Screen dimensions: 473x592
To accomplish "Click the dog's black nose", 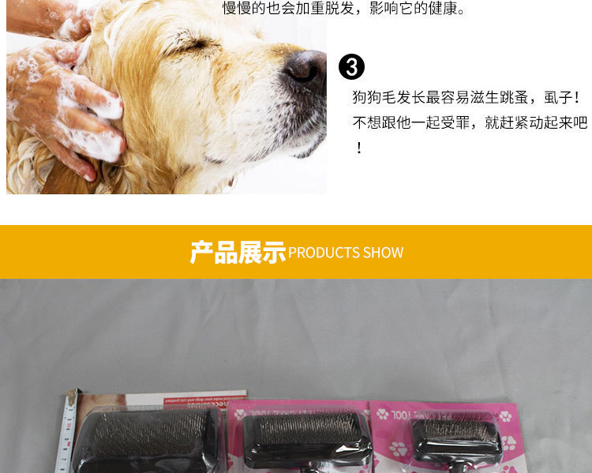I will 305,68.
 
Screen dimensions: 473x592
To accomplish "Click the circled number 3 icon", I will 351,67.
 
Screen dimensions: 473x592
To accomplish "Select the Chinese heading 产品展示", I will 237,252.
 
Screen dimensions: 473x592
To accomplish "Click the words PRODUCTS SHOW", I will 346,253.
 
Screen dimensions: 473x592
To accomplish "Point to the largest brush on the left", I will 146,438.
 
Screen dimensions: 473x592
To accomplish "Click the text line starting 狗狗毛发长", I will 466,98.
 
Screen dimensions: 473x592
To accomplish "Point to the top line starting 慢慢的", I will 344,9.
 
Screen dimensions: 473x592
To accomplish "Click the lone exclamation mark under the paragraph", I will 358,148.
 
